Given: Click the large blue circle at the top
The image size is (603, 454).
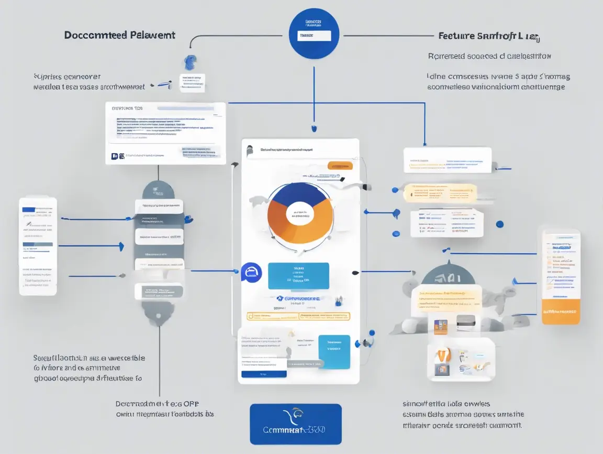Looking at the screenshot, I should (314, 34).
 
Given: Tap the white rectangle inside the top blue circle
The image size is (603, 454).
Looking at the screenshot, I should (314, 36).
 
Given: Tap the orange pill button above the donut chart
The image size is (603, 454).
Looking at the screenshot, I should (340, 166).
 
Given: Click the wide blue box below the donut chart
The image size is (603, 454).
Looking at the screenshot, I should (298, 276).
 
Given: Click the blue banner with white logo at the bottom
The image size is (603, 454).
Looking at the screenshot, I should (296, 424).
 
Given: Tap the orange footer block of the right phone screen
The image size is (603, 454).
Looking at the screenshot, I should (561, 312).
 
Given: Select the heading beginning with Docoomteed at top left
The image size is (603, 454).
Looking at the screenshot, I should (120, 35).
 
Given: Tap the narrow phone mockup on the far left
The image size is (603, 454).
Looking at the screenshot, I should (38, 246).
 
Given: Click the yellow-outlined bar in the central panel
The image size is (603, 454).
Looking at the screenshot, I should (298, 316).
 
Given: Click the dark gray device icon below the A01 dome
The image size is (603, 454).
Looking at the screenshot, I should (465, 323).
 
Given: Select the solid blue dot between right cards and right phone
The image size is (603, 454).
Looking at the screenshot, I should (499, 224).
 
